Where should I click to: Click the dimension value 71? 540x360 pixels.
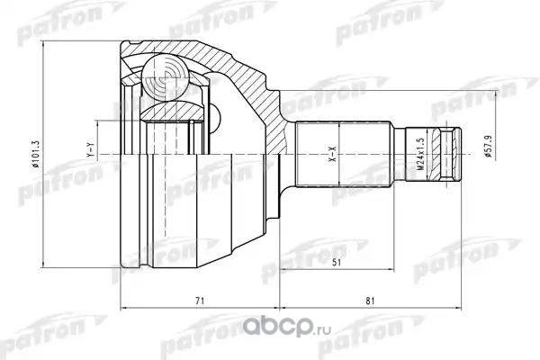pyautogui.click(x=200, y=301)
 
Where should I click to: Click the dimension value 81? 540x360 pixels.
pyautogui.click(x=370, y=301)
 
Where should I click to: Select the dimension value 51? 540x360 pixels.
pyautogui.click(x=337, y=263)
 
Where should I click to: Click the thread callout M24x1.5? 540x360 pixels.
pyautogui.click(x=419, y=153)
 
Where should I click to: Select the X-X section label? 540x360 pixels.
pyautogui.click(x=333, y=154)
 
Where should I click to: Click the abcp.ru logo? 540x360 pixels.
pyautogui.click(x=287, y=328)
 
